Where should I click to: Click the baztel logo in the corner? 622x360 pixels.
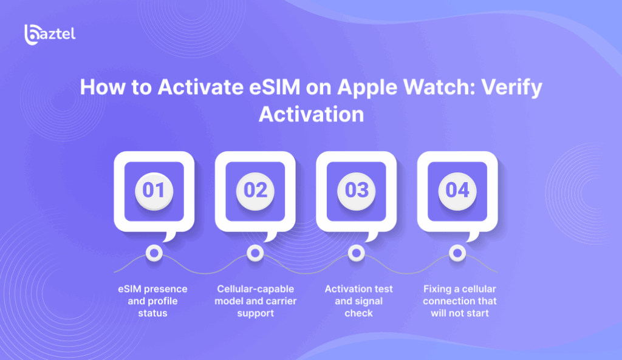tap(50, 34)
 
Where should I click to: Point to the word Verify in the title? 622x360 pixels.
tap(508, 87)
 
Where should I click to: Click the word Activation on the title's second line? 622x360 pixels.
tap(311, 114)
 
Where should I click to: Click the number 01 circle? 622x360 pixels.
tap(154, 190)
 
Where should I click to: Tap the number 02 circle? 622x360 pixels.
tap(255, 190)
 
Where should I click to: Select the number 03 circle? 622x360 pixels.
tap(356, 190)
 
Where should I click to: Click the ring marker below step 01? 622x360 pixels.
tap(154, 252)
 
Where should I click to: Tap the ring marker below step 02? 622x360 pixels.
tap(255, 252)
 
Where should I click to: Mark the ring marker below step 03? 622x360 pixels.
tap(356, 252)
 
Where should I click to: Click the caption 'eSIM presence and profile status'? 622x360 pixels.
tap(153, 301)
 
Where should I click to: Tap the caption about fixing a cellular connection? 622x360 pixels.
tap(459, 301)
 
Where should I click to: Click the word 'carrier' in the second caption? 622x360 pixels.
tap(273, 301)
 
